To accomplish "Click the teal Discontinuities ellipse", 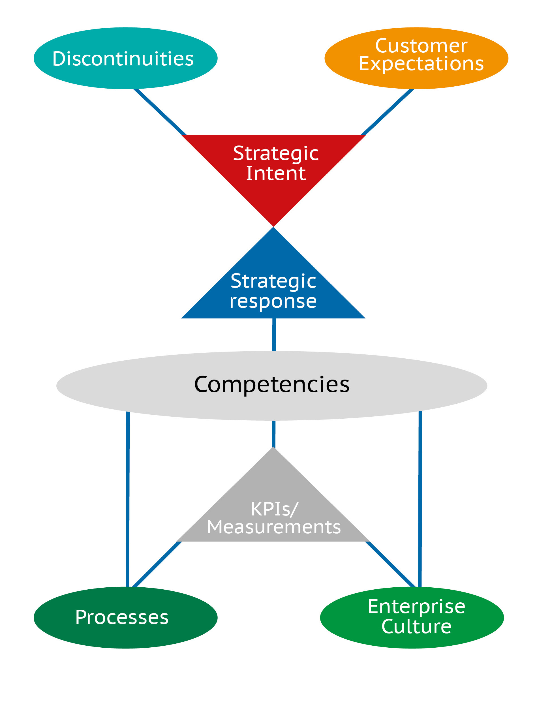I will pyautogui.click(x=126, y=58).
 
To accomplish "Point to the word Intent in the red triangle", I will pyautogui.click(x=276, y=174).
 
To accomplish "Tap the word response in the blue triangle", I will pyautogui.click(x=273, y=301).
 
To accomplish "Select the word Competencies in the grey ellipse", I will pyautogui.click(x=272, y=384).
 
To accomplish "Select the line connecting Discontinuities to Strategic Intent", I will pyautogui.click(x=160, y=112).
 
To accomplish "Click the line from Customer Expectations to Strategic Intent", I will pyautogui.click(x=387, y=112).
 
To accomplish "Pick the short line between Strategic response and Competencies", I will pyautogui.click(x=274, y=335).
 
